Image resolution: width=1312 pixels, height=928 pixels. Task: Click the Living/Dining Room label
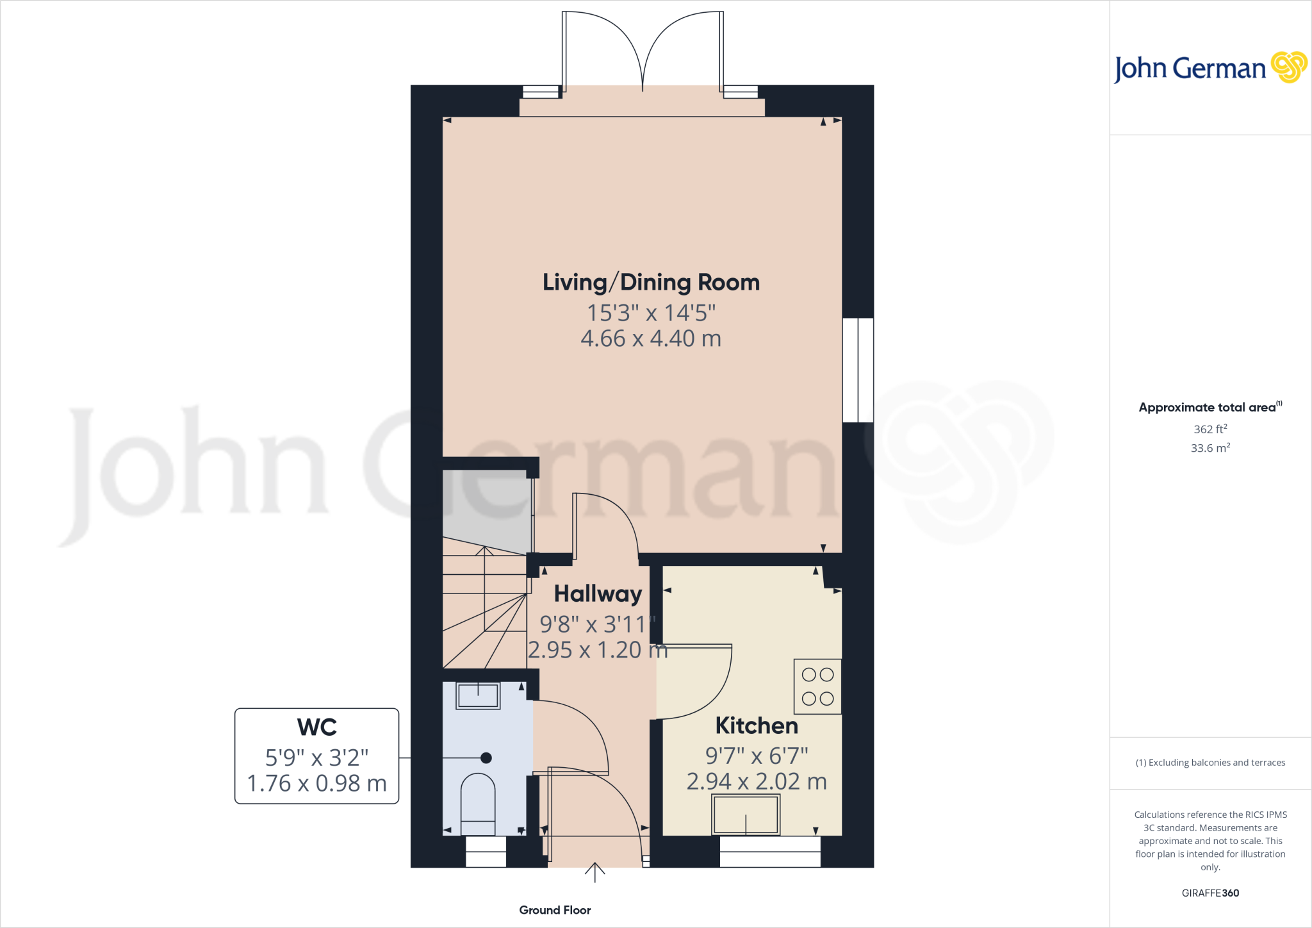pos(651,283)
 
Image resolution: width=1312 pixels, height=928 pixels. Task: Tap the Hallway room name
pos(597,594)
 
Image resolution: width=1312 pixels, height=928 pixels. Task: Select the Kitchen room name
pos(757,726)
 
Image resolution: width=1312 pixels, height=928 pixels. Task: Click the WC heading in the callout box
pos(316,728)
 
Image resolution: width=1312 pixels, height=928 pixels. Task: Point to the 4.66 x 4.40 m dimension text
pos(651,339)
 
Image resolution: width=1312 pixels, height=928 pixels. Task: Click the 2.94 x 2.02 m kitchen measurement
pos(757,782)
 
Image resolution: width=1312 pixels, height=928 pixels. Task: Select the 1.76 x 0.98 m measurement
pos(316,783)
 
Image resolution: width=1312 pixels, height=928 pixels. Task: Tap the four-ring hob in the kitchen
pos(817,686)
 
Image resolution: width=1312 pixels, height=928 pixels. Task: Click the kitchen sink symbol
pos(746,815)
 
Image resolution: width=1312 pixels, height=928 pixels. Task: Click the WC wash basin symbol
pos(478,695)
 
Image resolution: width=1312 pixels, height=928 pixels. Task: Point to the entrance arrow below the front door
pos(594,873)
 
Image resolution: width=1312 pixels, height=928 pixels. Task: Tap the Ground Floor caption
pos(555,910)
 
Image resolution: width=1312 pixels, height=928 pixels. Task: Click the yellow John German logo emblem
pos(1288,67)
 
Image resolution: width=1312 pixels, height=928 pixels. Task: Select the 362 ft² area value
pos(1210,429)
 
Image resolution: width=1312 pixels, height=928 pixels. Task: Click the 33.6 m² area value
pos(1210,448)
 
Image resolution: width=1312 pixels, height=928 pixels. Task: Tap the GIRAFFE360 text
pos(1210,893)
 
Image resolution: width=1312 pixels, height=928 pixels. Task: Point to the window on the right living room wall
pos(858,370)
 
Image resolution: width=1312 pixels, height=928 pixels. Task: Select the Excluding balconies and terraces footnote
pos(1210,763)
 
